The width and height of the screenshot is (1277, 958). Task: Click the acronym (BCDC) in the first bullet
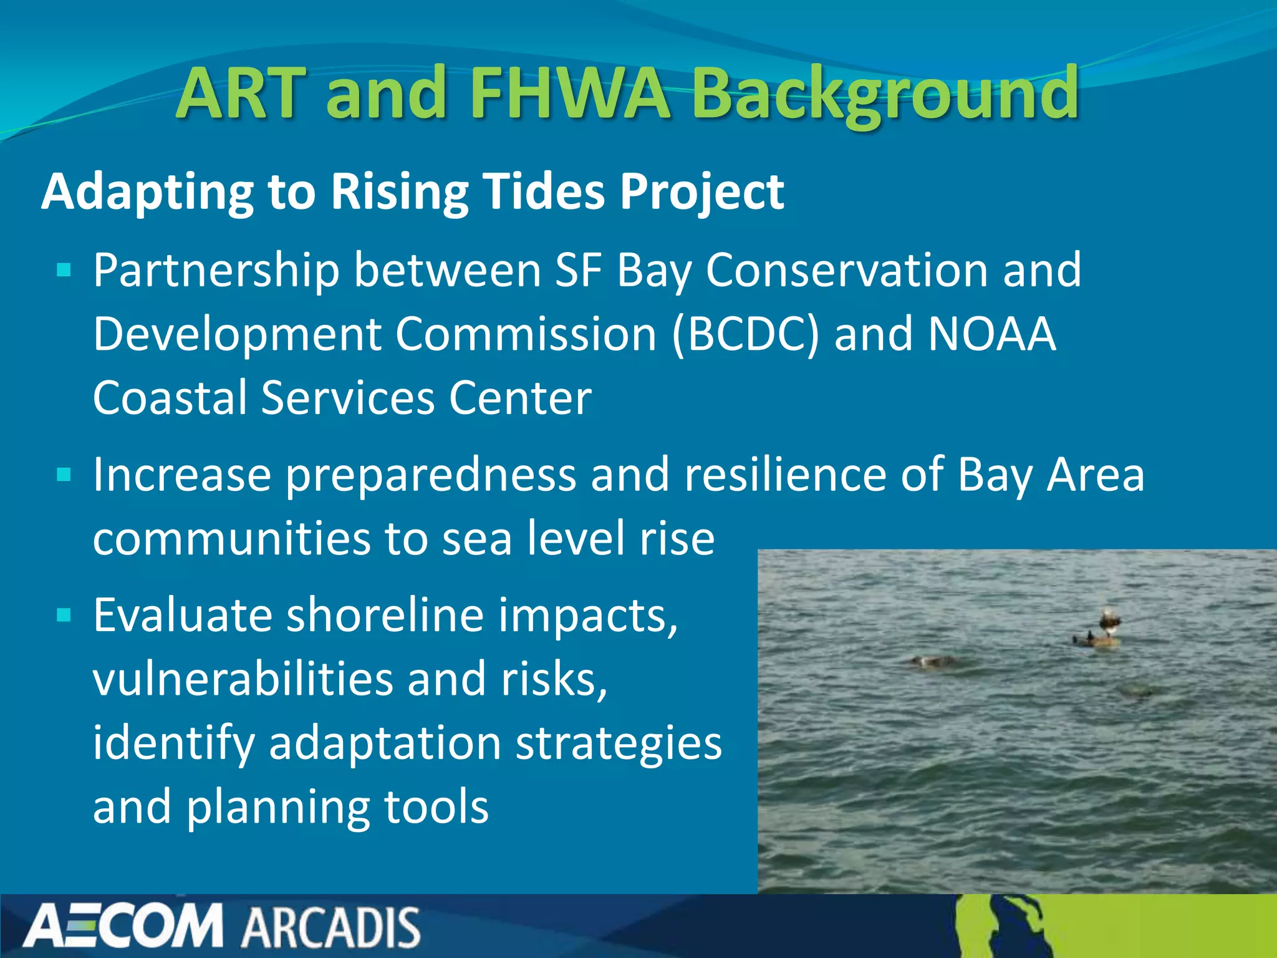[x=746, y=335]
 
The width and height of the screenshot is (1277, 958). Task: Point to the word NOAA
[x=992, y=335]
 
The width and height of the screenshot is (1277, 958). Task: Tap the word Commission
[x=526, y=335]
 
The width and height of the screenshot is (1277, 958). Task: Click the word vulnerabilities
[x=243, y=679]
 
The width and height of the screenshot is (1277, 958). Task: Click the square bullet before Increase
[x=64, y=475]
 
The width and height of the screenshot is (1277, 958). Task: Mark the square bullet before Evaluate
[x=64, y=616]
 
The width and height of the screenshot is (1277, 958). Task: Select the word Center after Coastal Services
[x=520, y=399]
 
